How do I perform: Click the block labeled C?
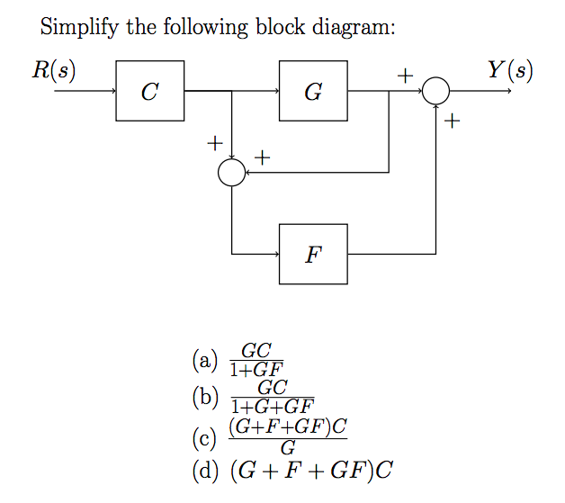[150, 91]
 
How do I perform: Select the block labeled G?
[313, 91]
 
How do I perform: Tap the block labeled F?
[313, 254]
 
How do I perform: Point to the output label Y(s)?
[510, 70]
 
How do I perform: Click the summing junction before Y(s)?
[436, 91]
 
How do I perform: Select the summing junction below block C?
[232, 173]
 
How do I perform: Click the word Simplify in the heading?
[80, 27]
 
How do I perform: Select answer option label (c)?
[206, 438]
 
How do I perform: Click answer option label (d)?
[207, 470]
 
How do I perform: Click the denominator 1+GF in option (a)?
[256, 369]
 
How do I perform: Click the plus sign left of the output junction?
[405, 77]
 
